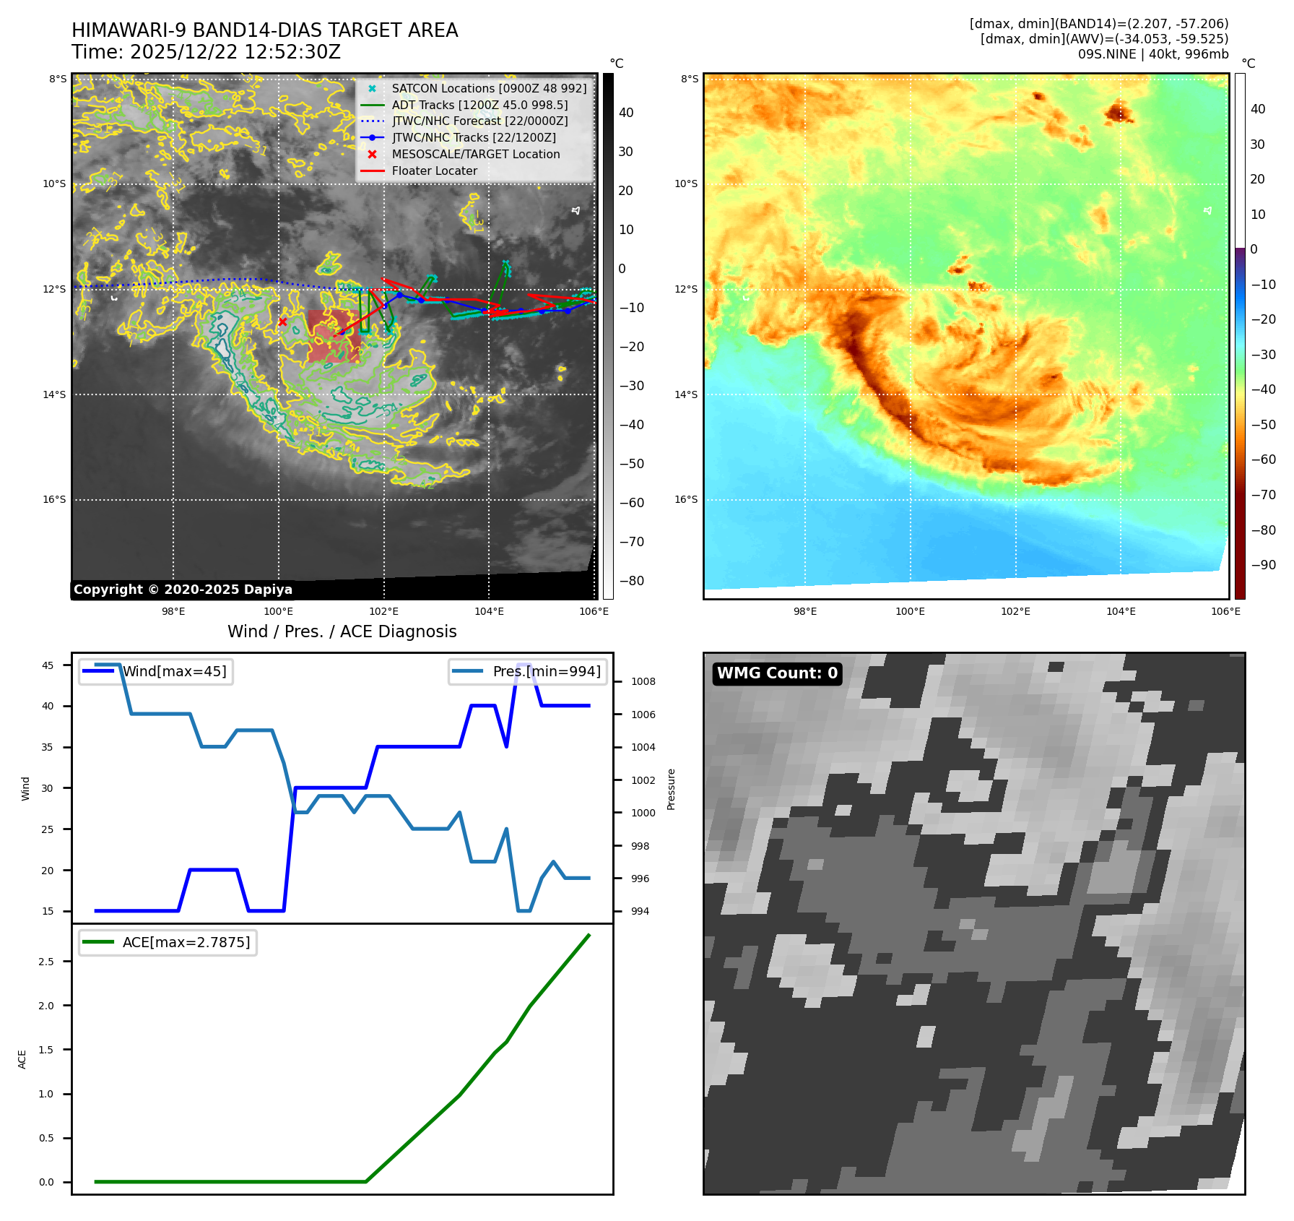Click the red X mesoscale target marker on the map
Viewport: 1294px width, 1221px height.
click(282, 322)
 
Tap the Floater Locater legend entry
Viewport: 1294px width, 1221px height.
click(434, 171)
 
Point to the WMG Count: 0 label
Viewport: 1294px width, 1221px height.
click(777, 673)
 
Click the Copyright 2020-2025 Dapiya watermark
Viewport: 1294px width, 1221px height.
click(183, 590)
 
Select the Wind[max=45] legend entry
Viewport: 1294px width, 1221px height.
click(174, 671)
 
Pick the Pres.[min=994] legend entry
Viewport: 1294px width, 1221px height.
click(546, 671)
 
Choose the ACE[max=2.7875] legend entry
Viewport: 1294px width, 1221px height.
click(186, 942)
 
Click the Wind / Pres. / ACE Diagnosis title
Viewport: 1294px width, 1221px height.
click(342, 631)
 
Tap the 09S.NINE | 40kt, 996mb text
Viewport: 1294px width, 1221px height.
click(1152, 54)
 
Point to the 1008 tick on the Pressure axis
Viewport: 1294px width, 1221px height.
click(643, 681)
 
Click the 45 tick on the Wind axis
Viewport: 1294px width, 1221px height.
click(48, 665)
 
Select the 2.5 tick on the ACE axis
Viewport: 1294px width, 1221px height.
click(46, 961)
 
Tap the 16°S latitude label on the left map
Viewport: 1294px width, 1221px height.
click(54, 499)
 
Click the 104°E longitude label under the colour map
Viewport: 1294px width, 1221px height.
click(1121, 611)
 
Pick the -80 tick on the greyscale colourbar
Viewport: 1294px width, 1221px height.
click(631, 581)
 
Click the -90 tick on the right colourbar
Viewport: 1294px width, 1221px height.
click(1263, 565)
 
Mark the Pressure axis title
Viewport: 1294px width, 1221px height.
click(671, 789)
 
